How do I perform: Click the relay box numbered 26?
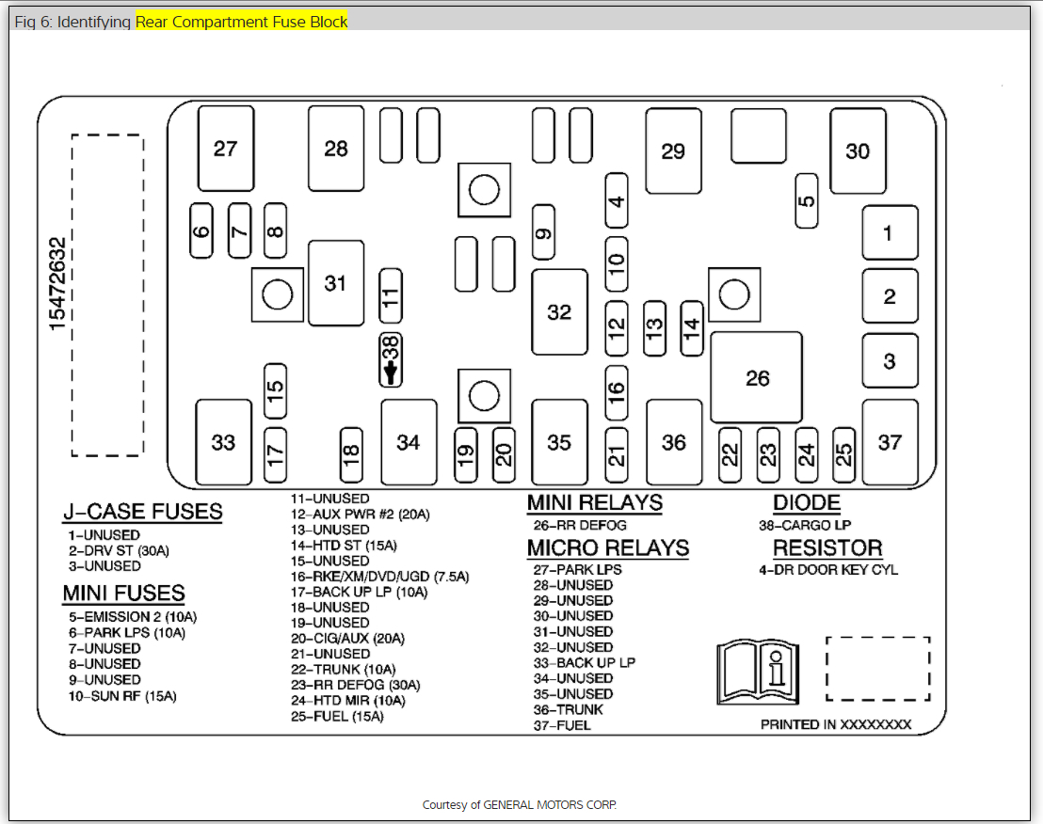tap(757, 377)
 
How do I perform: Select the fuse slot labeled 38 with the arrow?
tap(391, 359)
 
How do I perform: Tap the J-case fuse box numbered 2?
tap(890, 297)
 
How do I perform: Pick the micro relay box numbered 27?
tap(225, 149)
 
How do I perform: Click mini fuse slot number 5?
tap(807, 200)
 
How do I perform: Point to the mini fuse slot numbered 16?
tap(616, 389)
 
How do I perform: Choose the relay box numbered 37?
tap(890, 441)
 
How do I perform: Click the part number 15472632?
tap(58, 282)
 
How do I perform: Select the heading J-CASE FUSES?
tap(142, 512)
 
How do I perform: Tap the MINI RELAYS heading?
tap(594, 503)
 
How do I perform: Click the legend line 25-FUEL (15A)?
tap(337, 716)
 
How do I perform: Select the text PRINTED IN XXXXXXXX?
tap(836, 724)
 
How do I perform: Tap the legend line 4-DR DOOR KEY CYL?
tap(828, 569)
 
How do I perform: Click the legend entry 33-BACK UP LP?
tap(584, 662)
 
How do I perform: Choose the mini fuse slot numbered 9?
tap(543, 231)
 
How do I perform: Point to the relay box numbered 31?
tap(336, 282)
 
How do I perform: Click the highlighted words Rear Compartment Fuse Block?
tap(242, 21)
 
